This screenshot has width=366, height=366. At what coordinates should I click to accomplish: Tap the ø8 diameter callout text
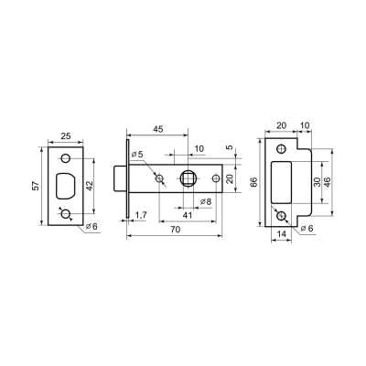206,200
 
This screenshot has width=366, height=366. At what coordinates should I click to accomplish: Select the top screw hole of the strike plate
281,148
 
